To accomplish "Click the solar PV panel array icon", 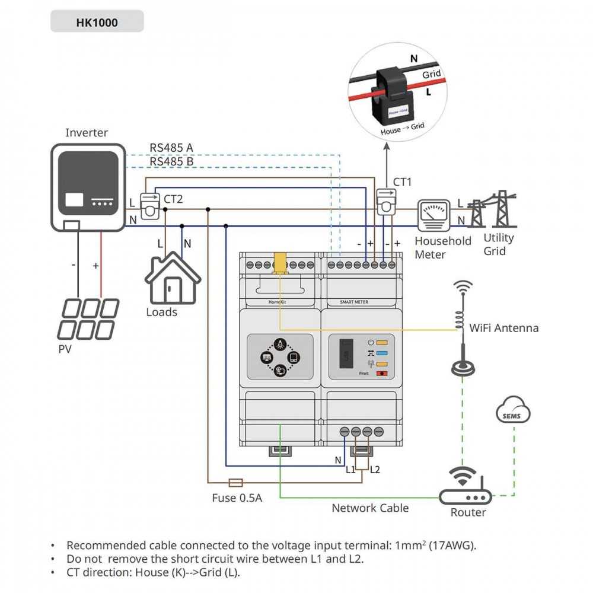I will click(89, 318).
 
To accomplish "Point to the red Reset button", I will click(382, 374).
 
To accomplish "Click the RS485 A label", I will click(171, 148).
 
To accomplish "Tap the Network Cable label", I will click(369, 508).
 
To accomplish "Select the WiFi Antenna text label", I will click(503, 328).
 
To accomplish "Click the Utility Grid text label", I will click(499, 244).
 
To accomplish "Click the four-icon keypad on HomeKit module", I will click(280, 356).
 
